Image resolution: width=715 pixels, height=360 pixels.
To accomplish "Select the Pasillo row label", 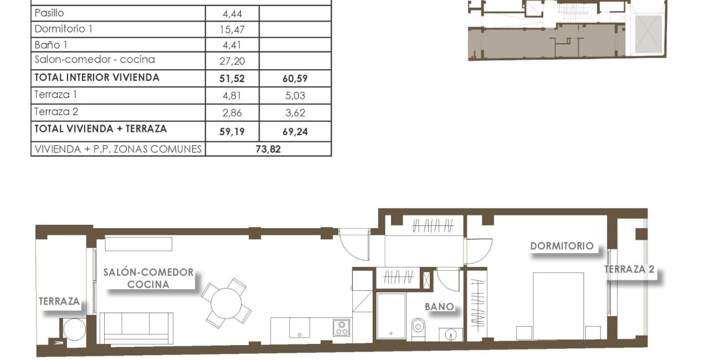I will click(49, 13).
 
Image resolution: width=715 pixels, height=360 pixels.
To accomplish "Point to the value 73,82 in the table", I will click(268, 149).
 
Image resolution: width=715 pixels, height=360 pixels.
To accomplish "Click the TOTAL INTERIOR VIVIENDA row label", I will click(97, 78).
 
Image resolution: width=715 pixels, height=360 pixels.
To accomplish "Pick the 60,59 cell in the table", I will click(295, 79).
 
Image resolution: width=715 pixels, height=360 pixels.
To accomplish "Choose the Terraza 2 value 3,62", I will click(295, 113).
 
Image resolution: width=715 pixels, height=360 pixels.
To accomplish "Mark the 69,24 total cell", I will click(295, 131).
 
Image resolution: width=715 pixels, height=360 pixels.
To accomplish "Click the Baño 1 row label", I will click(51, 44).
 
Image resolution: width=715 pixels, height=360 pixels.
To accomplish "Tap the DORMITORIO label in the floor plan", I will click(562, 246).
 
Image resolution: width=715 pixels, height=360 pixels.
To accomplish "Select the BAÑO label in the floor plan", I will click(440, 306).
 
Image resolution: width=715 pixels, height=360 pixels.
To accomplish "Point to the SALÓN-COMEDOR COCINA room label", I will click(148, 278).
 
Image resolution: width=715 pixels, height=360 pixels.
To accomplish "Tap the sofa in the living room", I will click(136, 327).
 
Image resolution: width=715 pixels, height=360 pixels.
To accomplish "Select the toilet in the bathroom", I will click(418, 328).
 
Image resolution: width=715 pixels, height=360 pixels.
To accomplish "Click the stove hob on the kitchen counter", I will click(341, 328).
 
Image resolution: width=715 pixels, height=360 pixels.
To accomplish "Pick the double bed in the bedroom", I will click(558, 305).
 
